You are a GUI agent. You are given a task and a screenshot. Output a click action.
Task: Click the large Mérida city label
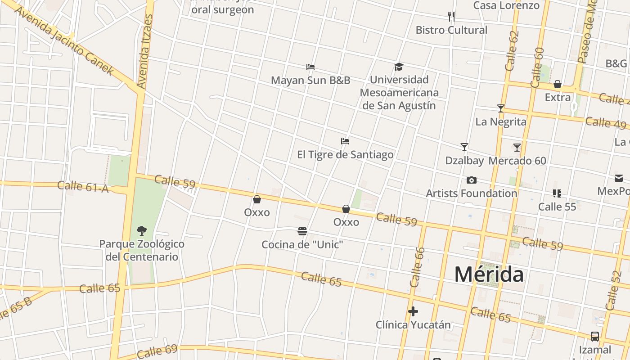pos(489,274)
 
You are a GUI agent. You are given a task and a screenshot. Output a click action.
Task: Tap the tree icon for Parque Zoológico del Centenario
pos(142,231)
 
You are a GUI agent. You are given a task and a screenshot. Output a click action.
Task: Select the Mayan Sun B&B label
pos(310,81)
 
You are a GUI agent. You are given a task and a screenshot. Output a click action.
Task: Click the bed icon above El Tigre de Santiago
pos(345,141)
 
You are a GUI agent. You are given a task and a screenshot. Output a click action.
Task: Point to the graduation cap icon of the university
pos(399,67)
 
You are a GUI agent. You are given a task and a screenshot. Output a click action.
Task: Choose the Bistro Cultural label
pos(451,30)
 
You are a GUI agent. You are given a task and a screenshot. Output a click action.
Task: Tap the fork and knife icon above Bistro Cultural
pos(451,17)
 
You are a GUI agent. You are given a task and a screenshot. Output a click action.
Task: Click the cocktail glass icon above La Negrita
pos(500,108)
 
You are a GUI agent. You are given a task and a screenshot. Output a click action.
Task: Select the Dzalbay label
pos(464,161)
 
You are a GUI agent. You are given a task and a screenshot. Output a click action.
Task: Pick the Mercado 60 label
pos(517,161)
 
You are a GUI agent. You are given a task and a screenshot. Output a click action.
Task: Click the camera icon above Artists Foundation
pos(471,180)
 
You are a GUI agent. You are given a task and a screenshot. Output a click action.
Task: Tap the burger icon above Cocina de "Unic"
pos(302,231)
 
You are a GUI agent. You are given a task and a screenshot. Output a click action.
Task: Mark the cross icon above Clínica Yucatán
pos(413,311)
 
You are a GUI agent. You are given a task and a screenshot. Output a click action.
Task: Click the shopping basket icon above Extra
pos(558,84)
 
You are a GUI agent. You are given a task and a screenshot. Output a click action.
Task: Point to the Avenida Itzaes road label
pos(145,51)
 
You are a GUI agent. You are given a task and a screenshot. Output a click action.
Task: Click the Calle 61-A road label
pos(83,186)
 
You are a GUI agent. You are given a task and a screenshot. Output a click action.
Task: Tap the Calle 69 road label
pos(157,351)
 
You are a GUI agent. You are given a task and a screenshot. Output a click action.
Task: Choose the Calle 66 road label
pos(417,267)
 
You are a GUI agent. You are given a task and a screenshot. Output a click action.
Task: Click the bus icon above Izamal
pos(594,336)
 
